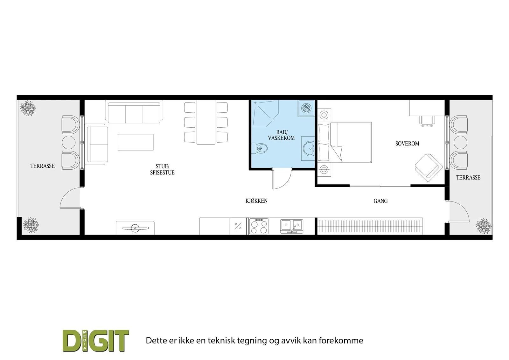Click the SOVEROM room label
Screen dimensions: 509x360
click(407, 144)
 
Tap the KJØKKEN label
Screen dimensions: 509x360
click(256, 201)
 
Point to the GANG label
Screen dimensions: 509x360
click(380, 201)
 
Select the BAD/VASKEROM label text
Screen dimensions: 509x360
click(281, 135)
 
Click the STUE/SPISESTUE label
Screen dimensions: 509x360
click(162, 169)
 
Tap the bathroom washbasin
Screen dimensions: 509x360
click(309, 149)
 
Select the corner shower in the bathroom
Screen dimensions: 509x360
click(265, 113)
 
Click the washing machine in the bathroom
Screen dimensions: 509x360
click(306, 108)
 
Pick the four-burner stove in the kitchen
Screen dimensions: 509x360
click(259, 226)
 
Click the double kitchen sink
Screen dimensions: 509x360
click(291, 226)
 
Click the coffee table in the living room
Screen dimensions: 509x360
click(136, 142)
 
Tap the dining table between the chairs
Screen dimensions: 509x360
click(206, 122)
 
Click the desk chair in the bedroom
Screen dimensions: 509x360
click(427, 121)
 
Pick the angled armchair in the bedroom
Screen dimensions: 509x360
click(429, 168)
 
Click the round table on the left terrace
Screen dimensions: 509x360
click(69, 142)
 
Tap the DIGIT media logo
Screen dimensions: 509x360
click(96, 341)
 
